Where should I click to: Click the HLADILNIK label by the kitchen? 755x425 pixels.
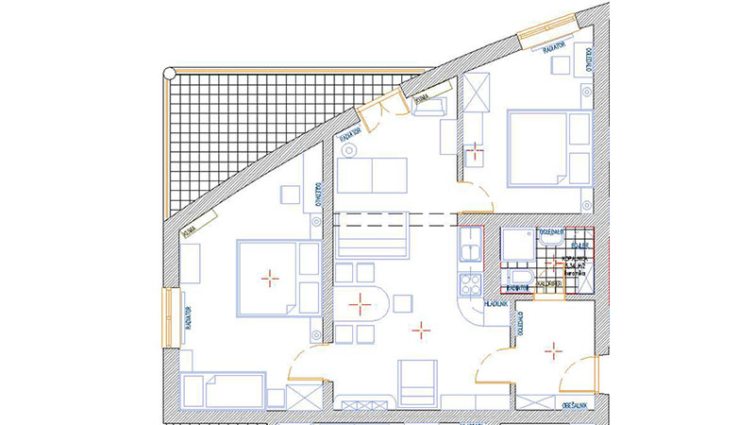[x=497, y=305]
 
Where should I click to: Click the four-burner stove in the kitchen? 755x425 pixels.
[x=468, y=281]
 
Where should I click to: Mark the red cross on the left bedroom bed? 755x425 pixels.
[x=270, y=277]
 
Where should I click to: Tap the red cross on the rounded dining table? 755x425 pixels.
[x=359, y=304]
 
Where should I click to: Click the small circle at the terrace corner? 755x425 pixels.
[x=168, y=71]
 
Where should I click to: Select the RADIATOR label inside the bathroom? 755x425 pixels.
[x=516, y=289]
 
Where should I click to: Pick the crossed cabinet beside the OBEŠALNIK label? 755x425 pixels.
[x=536, y=402]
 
